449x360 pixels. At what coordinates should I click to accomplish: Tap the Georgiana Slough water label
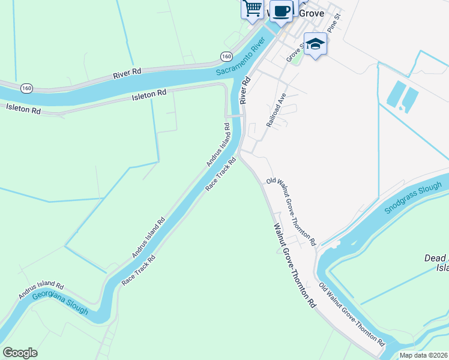click(x=59, y=302)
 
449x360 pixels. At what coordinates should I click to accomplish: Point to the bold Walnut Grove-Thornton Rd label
click(x=295, y=266)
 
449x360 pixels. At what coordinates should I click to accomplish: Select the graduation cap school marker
click(x=315, y=43)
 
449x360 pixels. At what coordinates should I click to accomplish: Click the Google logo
click(x=20, y=353)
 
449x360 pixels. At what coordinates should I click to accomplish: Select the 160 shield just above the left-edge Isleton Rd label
click(x=26, y=88)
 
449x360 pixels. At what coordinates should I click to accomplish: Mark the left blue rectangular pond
click(x=396, y=95)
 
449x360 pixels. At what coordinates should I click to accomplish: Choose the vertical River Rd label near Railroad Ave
click(x=245, y=90)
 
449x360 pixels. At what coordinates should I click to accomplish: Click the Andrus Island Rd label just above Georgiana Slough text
click(x=40, y=290)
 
